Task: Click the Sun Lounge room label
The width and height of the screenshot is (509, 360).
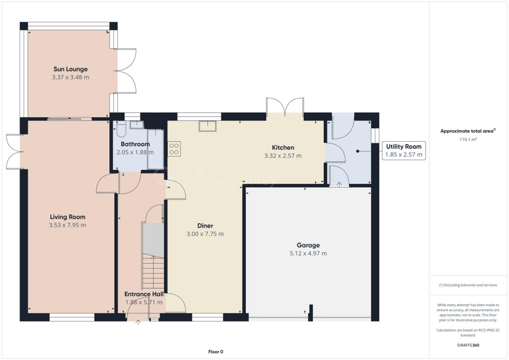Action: click(x=71, y=69)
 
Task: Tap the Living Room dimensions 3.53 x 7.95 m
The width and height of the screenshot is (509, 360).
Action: click(x=68, y=225)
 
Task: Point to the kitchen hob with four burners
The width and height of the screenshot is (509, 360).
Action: click(x=174, y=148)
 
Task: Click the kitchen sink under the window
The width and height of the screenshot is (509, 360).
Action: click(x=208, y=126)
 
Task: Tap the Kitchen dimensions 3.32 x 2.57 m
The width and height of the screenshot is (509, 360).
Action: click(x=283, y=156)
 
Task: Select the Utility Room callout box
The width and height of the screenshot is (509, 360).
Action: click(x=403, y=151)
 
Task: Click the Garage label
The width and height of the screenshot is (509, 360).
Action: click(x=308, y=245)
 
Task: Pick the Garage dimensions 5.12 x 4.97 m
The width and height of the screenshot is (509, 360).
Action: click(x=308, y=254)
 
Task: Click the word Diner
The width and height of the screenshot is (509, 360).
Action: click(x=205, y=226)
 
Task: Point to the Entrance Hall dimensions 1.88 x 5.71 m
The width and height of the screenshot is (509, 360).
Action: click(x=144, y=302)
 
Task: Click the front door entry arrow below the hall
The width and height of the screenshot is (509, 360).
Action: click(x=138, y=322)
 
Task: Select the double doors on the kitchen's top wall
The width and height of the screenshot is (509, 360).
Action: click(x=285, y=106)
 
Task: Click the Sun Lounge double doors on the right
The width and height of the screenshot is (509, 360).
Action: click(x=127, y=71)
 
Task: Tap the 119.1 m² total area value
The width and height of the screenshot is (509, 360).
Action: click(x=467, y=140)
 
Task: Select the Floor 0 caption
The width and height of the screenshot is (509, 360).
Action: click(x=215, y=352)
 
